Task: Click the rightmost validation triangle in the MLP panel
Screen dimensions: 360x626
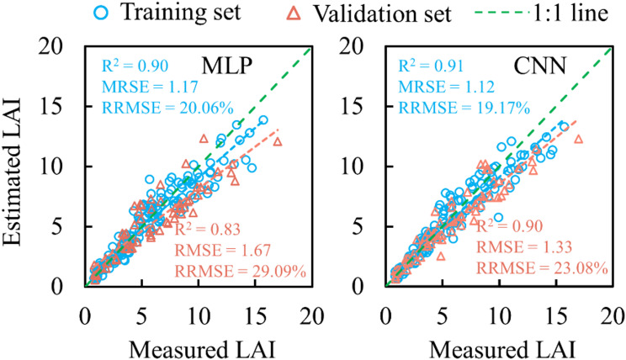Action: click(278, 141)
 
